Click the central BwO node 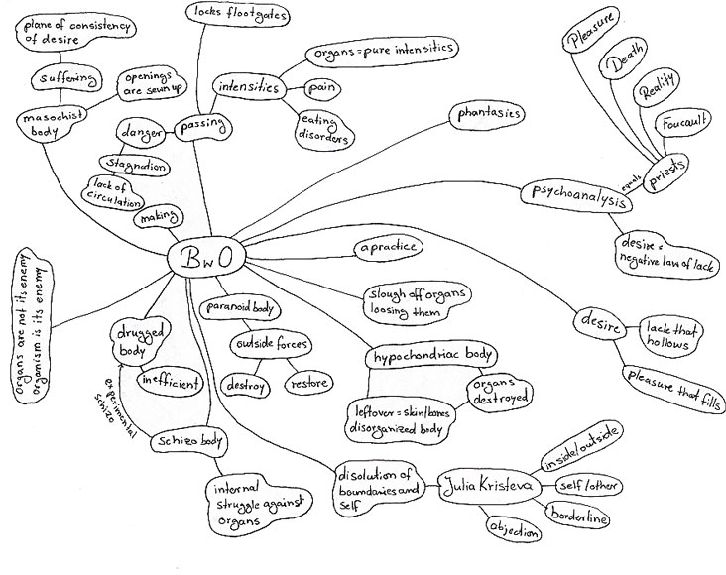point(205,258)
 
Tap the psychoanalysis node point(576,196)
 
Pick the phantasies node point(490,115)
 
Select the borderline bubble point(577,517)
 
